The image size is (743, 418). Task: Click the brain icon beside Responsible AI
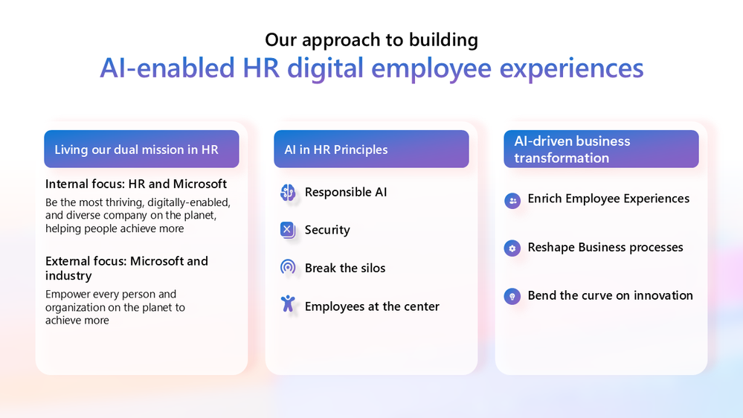pos(288,193)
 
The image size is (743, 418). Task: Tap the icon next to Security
pos(288,230)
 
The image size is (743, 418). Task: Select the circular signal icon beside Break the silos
pos(288,268)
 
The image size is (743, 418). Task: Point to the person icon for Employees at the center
pos(288,303)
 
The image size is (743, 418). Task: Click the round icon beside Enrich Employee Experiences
pos(512,201)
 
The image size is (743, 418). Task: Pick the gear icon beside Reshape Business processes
pos(512,248)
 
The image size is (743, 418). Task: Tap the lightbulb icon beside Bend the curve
pos(512,296)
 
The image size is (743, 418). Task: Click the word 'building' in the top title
pos(443,40)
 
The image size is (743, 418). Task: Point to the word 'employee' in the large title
pos(431,68)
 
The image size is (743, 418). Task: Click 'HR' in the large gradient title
pos(261,68)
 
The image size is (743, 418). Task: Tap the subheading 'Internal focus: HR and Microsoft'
pos(136,184)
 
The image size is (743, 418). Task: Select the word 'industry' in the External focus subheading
pos(68,276)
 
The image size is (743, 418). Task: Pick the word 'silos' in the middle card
pos(373,269)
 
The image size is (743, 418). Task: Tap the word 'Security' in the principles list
pos(327,230)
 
